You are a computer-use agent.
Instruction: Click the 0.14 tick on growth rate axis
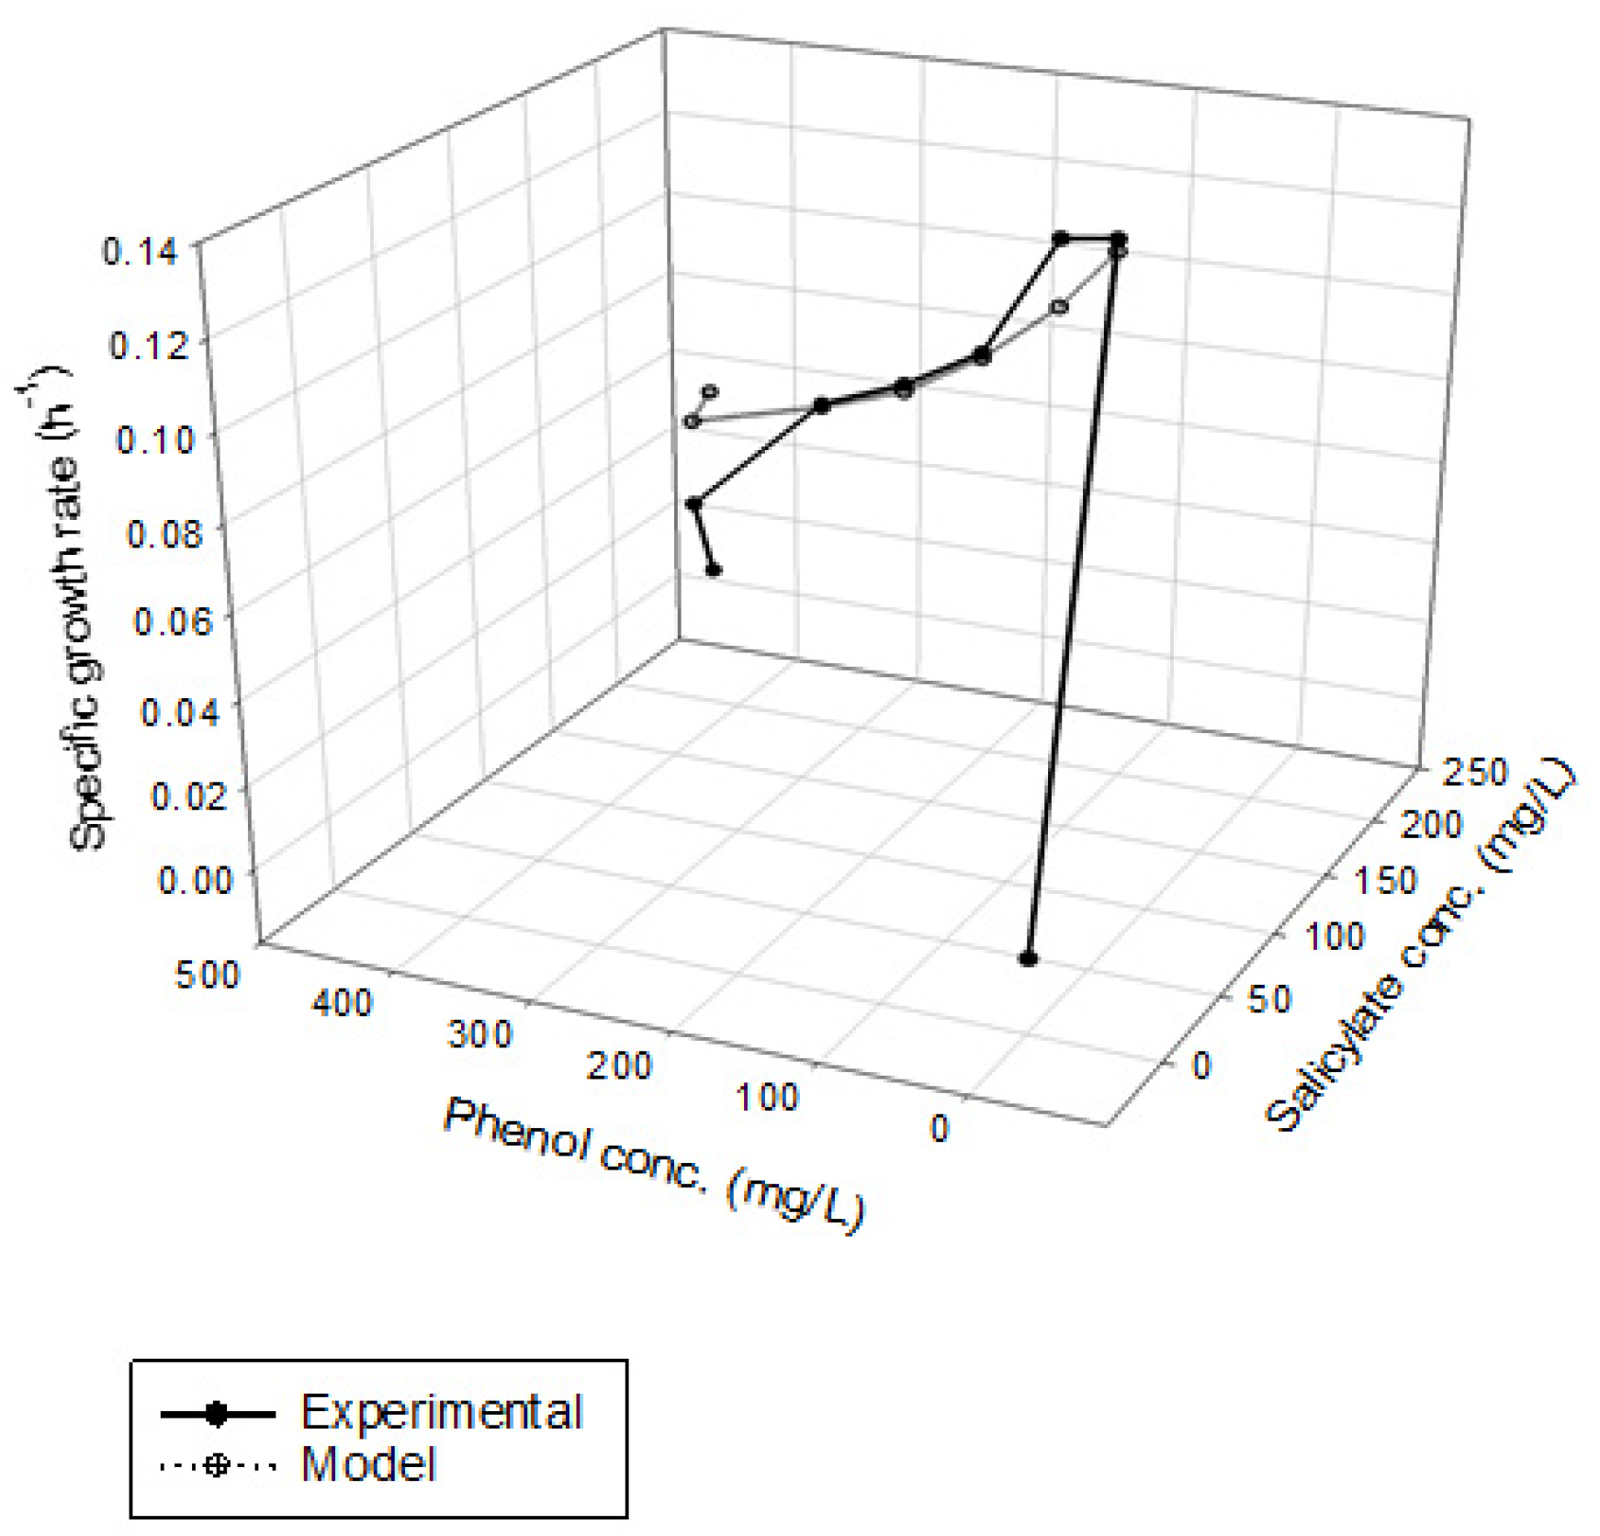tap(141, 251)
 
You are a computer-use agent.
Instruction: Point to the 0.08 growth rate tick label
tap(163, 532)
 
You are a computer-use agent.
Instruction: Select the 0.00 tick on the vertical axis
tap(195, 879)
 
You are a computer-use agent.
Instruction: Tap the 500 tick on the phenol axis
tap(207, 975)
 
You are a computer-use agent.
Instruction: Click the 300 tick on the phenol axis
tap(479, 1035)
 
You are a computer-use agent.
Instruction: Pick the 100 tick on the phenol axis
tap(767, 1097)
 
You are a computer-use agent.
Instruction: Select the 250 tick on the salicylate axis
tap(1474, 773)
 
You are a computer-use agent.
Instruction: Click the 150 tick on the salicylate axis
tap(1384, 881)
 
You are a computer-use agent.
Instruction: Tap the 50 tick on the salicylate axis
tap(1268, 1000)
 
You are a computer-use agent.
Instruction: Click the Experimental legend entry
tap(441, 1411)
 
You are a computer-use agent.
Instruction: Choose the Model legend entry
tap(368, 1464)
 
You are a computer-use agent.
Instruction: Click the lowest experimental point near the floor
tap(1028, 959)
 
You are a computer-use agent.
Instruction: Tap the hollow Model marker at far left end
tap(692, 422)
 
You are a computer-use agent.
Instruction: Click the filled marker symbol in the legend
tap(217, 1414)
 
